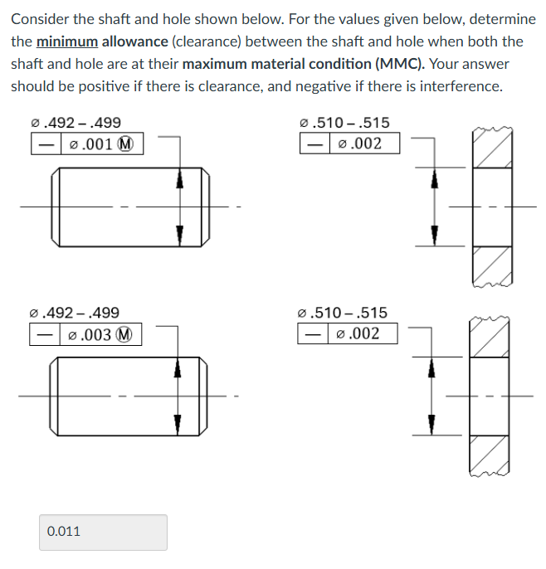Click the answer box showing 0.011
(x=103, y=532)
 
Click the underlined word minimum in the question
(x=66, y=41)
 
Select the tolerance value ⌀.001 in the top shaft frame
(x=87, y=144)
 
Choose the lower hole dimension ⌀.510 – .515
(x=342, y=313)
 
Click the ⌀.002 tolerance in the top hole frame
(x=359, y=143)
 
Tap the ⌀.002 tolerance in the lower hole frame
(x=358, y=333)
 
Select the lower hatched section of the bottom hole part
(x=491, y=454)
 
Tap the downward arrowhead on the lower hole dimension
(x=431, y=424)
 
